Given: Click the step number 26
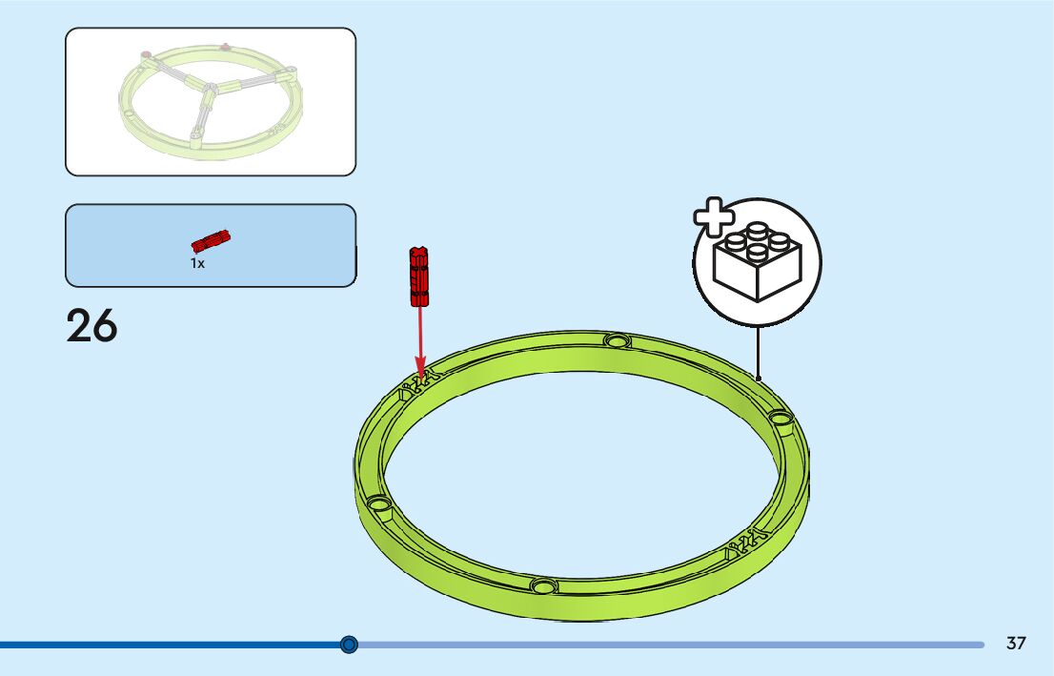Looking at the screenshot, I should pos(91,326).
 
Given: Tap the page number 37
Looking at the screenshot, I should pos(1016,644).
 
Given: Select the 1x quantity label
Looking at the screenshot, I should pos(197,263).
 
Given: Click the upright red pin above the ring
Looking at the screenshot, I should pos(417,277).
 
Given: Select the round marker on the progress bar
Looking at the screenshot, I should pos(349,645).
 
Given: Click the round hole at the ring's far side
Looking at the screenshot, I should pos(617,340).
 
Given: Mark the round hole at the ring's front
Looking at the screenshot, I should pos(542,584).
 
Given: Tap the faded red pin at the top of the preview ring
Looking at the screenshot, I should pos(225,45).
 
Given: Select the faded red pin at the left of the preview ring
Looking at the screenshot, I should pos(145,54).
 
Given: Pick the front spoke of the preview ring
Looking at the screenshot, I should pos(202,118).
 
